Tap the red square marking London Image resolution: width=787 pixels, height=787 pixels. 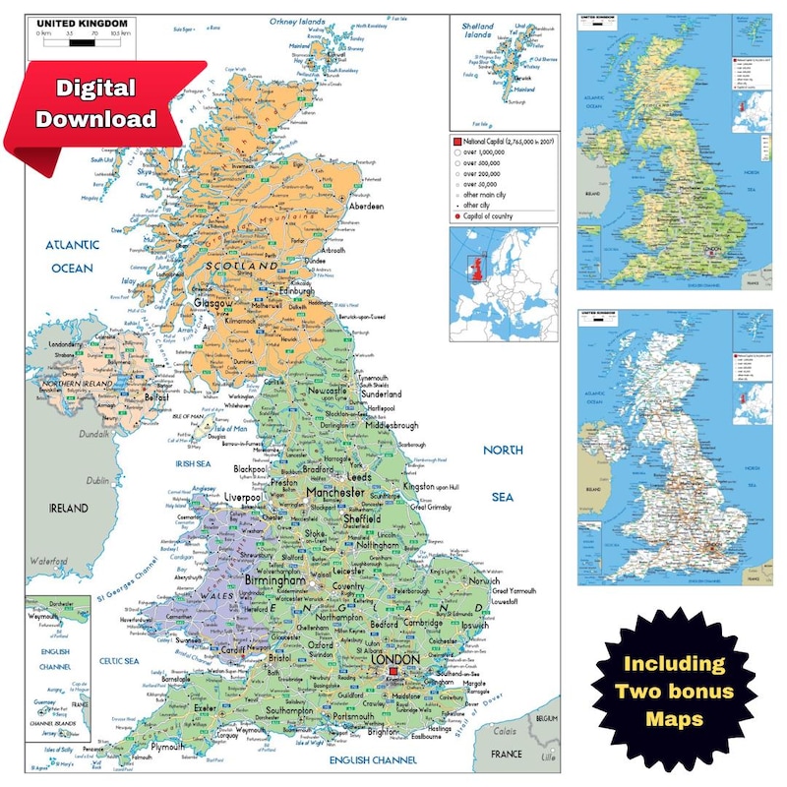[x=393, y=672]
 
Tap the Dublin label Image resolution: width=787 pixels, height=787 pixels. [x=97, y=481]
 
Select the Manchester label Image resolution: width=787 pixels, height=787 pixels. [x=335, y=490]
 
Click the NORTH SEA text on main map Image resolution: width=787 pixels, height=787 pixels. [x=503, y=473]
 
